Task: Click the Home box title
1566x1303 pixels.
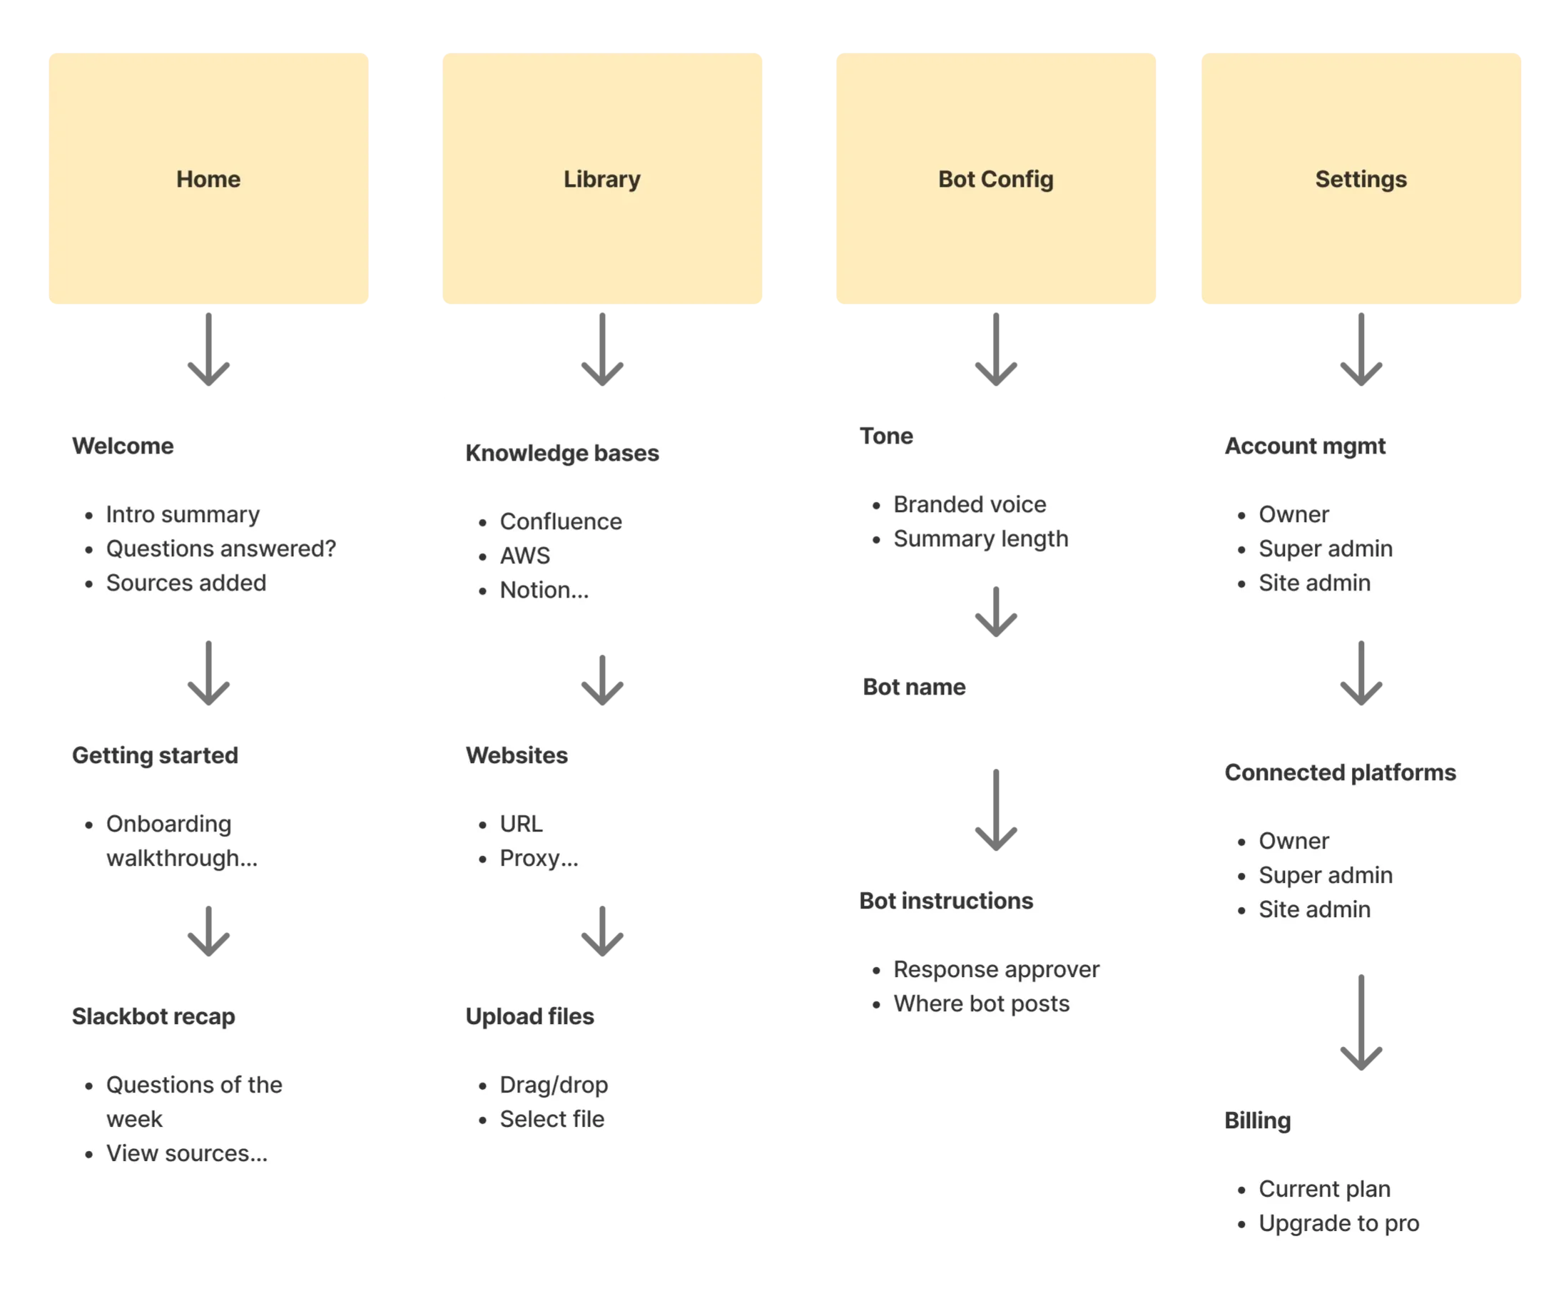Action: point(208,179)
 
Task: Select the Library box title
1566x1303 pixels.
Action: point(602,179)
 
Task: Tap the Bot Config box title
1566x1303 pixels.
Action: point(995,179)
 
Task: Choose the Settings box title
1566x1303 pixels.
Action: point(1361,179)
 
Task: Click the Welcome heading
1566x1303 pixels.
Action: point(123,446)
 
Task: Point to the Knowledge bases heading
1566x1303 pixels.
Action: point(562,452)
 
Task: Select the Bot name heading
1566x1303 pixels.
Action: point(913,687)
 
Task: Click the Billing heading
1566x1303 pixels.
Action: point(1257,1120)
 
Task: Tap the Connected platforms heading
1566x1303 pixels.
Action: point(1340,772)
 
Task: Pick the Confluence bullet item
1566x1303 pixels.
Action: point(561,521)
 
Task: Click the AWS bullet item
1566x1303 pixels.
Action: point(525,556)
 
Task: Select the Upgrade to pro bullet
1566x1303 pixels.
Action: point(1338,1223)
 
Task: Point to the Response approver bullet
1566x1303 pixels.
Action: point(996,969)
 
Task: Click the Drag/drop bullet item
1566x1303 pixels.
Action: point(554,1085)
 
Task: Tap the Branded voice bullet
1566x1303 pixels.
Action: point(970,504)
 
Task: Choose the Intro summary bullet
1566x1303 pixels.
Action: point(183,514)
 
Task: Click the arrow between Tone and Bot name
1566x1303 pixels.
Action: point(995,611)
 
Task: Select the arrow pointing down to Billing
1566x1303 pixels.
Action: point(1361,1022)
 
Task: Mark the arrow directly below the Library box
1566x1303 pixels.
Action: point(602,349)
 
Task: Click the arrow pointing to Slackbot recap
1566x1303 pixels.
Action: point(208,931)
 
